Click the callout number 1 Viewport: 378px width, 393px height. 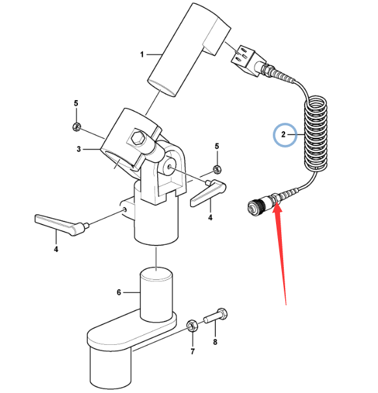pyautogui.click(x=142, y=55)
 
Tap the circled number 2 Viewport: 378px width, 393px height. pyautogui.click(x=283, y=134)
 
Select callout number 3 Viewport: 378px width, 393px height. pyautogui.click(x=79, y=149)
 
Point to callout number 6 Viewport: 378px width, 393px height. pyautogui.click(x=119, y=292)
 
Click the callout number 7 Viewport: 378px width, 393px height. pyautogui.click(x=192, y=351)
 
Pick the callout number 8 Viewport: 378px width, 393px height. pyautogui.click(x=215, y=342)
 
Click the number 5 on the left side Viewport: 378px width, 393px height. pyautogui.click(x=76, y=103)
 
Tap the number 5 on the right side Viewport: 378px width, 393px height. pyautogui.click(x=217, y=146)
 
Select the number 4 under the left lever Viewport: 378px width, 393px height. pyautogui.click(x=56, y=249)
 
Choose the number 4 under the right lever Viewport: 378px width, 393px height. pyautogui.click(x=210, y=218)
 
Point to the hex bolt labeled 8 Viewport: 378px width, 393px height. pyautogui.click(x=216, y=316)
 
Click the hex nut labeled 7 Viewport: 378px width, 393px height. pyautogui.click(x=192, y=326)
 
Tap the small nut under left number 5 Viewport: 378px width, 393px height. pyautogui.click(x=76, y=127)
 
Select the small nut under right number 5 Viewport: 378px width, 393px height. pyautogui.click(x=217, y=170)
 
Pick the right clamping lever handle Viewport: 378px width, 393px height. pyautogui.click(x=208, y=192)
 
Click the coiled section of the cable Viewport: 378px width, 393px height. pyautogui.click(x=316, y=134)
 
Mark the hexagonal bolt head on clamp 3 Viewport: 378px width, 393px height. pyautogui.click(x=136, y=138)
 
